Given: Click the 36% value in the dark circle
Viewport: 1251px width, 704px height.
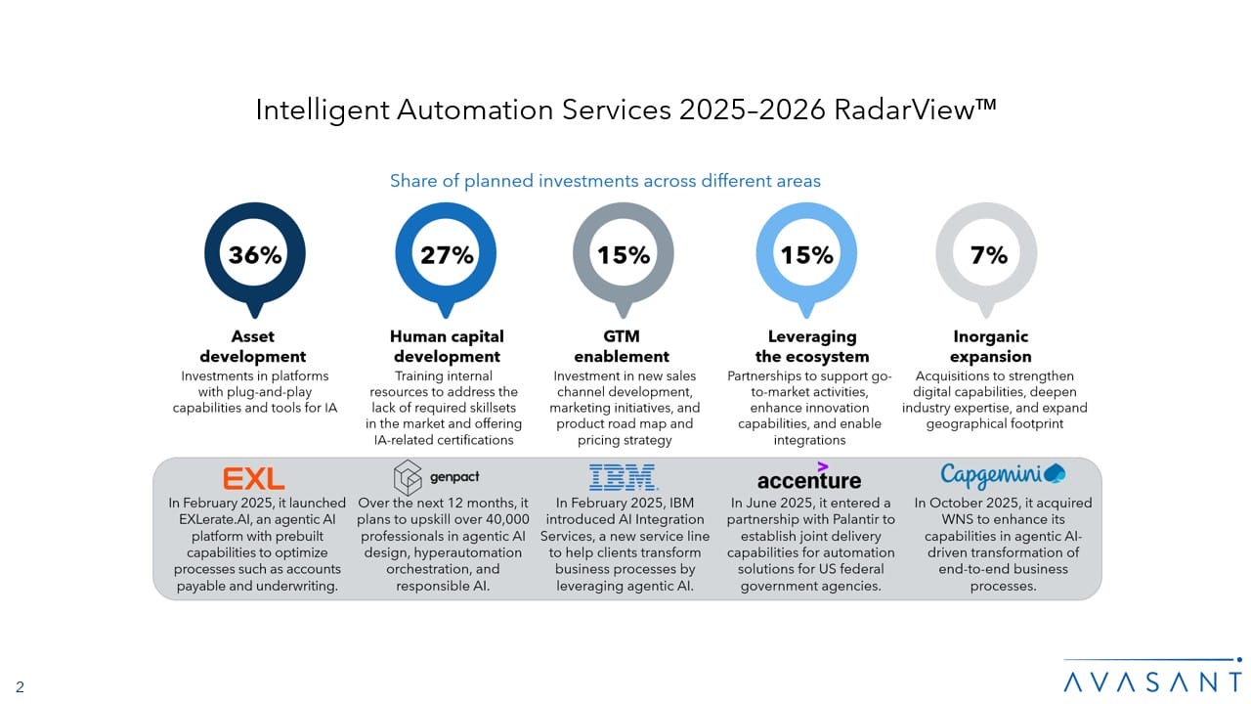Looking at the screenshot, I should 255,255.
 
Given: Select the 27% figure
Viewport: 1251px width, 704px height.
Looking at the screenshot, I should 447,255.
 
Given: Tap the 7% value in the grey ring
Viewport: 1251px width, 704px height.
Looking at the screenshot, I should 989,255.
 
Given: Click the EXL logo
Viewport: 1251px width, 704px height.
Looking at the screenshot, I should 254,478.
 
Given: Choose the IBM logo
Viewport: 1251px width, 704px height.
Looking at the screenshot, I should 624,478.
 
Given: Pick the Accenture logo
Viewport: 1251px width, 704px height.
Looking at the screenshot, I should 808,478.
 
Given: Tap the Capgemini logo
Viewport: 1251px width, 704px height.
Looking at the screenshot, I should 1002,475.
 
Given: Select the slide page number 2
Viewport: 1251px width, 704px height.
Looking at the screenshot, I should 20,687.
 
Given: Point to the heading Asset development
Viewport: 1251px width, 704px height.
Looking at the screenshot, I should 253,346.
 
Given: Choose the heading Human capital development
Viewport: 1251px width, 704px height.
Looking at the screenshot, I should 447,346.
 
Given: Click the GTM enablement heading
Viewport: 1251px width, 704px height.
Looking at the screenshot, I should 622,346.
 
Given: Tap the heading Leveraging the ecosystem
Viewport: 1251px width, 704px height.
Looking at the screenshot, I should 811,346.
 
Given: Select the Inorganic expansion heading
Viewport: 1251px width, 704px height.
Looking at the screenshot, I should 990,346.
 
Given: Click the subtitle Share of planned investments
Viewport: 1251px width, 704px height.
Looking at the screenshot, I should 605,181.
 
